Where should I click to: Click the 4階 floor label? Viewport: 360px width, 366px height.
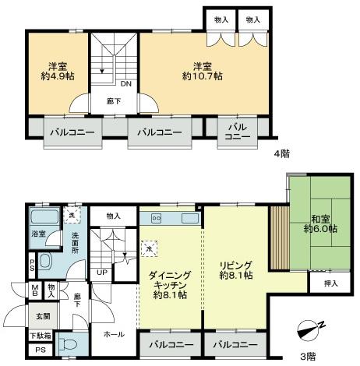pyautogui.click(x=281, y=153)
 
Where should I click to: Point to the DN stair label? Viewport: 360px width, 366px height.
pyautogui.click(x=125, y=83)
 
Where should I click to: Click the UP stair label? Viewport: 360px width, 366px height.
pyautogui.click(x=102, y=272)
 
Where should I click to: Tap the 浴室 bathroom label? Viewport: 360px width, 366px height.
pyautogui.click(x=37, y=234)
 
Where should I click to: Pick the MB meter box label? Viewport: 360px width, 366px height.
pyautogui.click(x=35, y=291)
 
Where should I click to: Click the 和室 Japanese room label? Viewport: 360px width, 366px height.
pyautogui.click(x=319, y=219)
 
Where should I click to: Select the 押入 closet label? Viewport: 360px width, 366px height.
pyautogui.click(x=329, y=284)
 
